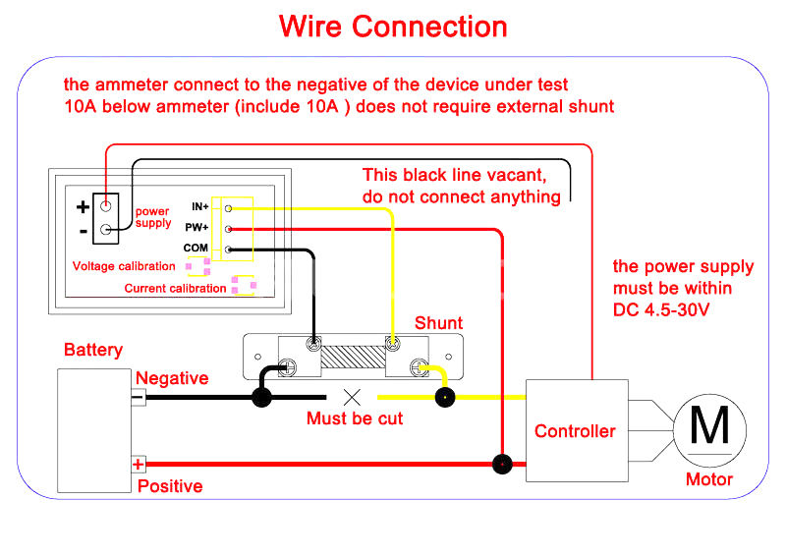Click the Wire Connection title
pos(393,27)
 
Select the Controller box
pos(576,430)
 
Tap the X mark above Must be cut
pos(352,397)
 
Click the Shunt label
pos(438,323)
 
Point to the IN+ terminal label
pos(199,207)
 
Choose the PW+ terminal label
pos(197,228)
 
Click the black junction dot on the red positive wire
pos(503,464)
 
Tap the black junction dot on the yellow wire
pos(445,398)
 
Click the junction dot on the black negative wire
pos(262,398)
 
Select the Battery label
pos(93,350)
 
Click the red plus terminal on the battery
pos(139,464)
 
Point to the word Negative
pos(172,378)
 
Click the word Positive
pos(170,486)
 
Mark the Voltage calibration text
pos(124,266)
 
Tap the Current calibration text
pos(175,289)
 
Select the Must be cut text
pos(355,418)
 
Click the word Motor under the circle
pos(709,479)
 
